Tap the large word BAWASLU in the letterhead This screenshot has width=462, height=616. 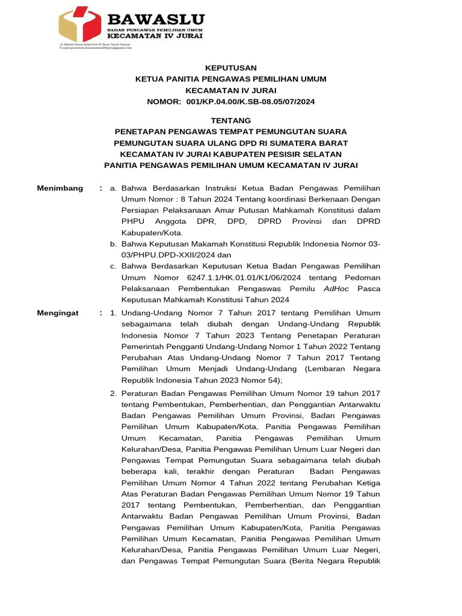pos(155,20)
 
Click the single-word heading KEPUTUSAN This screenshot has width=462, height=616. pos(230,68)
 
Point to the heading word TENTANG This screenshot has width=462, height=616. pos(230,120)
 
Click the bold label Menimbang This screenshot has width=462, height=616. pos(60,188)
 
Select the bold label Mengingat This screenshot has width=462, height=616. pos(58,313)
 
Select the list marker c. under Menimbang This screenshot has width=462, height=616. pos(113,266)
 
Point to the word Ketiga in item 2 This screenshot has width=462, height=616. pos(366,482)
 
